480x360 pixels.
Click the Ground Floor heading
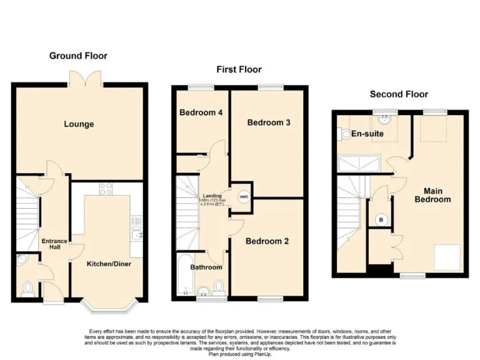[x=78, y=56]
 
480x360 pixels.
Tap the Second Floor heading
[x=399, y=94]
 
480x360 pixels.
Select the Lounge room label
[x=79, y=124]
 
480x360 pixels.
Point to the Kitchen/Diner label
[x=109, y=264]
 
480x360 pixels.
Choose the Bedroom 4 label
[x=201, y=113]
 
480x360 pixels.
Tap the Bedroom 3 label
[x=269, y=122]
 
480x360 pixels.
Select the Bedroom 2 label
[x=267, y=241]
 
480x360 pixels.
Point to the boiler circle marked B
[x=380, y=220]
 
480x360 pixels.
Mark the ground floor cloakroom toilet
[x=27, y=288]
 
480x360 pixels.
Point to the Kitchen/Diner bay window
[x=109, y=306]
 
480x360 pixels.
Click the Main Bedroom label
[x=433, y=195]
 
